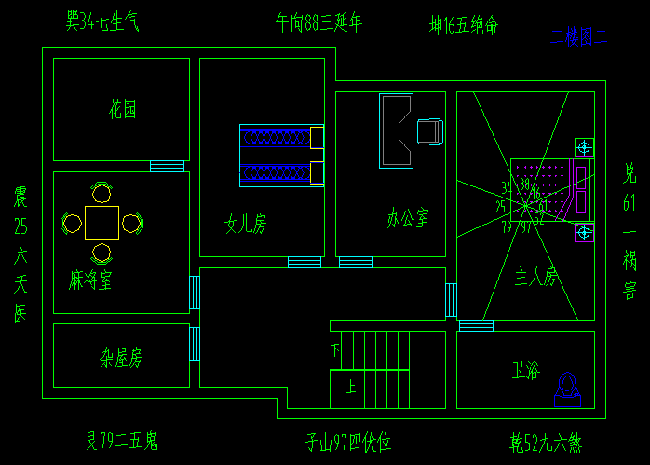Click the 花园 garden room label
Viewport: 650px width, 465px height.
tap(122, 110)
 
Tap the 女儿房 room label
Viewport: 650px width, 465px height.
tap(245, 224)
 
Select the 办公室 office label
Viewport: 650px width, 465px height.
tap(408, 219)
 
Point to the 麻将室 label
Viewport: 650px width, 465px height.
tap(90, 280)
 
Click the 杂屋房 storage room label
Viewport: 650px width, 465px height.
tap(121, 357)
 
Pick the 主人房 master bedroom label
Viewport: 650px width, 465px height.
tap(535, 276)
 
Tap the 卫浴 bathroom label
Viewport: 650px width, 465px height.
tap(525, 371)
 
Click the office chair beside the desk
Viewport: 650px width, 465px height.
tap(429, 132)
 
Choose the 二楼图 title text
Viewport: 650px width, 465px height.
tap(578, 37)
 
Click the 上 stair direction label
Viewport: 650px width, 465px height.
tap(350, 387)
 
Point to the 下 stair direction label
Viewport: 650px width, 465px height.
tap(335, 350)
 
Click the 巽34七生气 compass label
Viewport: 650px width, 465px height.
tap(102, 21)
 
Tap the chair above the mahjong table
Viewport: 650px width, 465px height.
tap(102, 193)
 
